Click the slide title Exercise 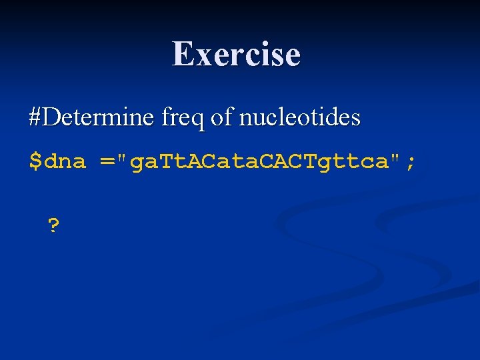[237, 54]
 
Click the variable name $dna [57, 161]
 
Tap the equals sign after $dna [107, 161]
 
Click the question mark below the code [53, 227]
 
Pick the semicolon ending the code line [410, 161]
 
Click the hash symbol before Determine [36, 118]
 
